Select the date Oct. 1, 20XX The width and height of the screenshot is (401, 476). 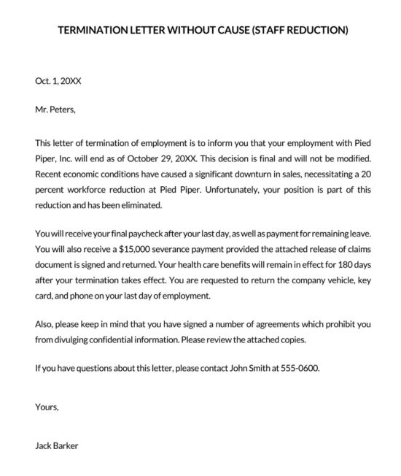coord(58,82)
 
